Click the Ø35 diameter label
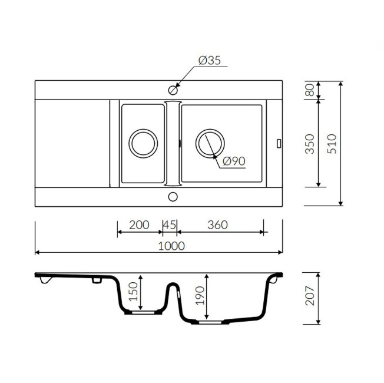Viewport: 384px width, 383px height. [210, 60]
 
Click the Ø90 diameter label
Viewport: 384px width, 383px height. [234, 161]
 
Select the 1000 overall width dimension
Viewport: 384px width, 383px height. [171, 246]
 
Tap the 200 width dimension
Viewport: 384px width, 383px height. [139, 224]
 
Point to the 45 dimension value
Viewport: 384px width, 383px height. [170, 224]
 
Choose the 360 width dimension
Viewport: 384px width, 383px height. [218, 224]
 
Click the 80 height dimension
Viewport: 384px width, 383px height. [310, 90]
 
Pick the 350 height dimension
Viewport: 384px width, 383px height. [310, 144]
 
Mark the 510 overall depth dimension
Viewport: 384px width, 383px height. [332, 144]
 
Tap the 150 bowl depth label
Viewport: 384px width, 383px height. [134, 292]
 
